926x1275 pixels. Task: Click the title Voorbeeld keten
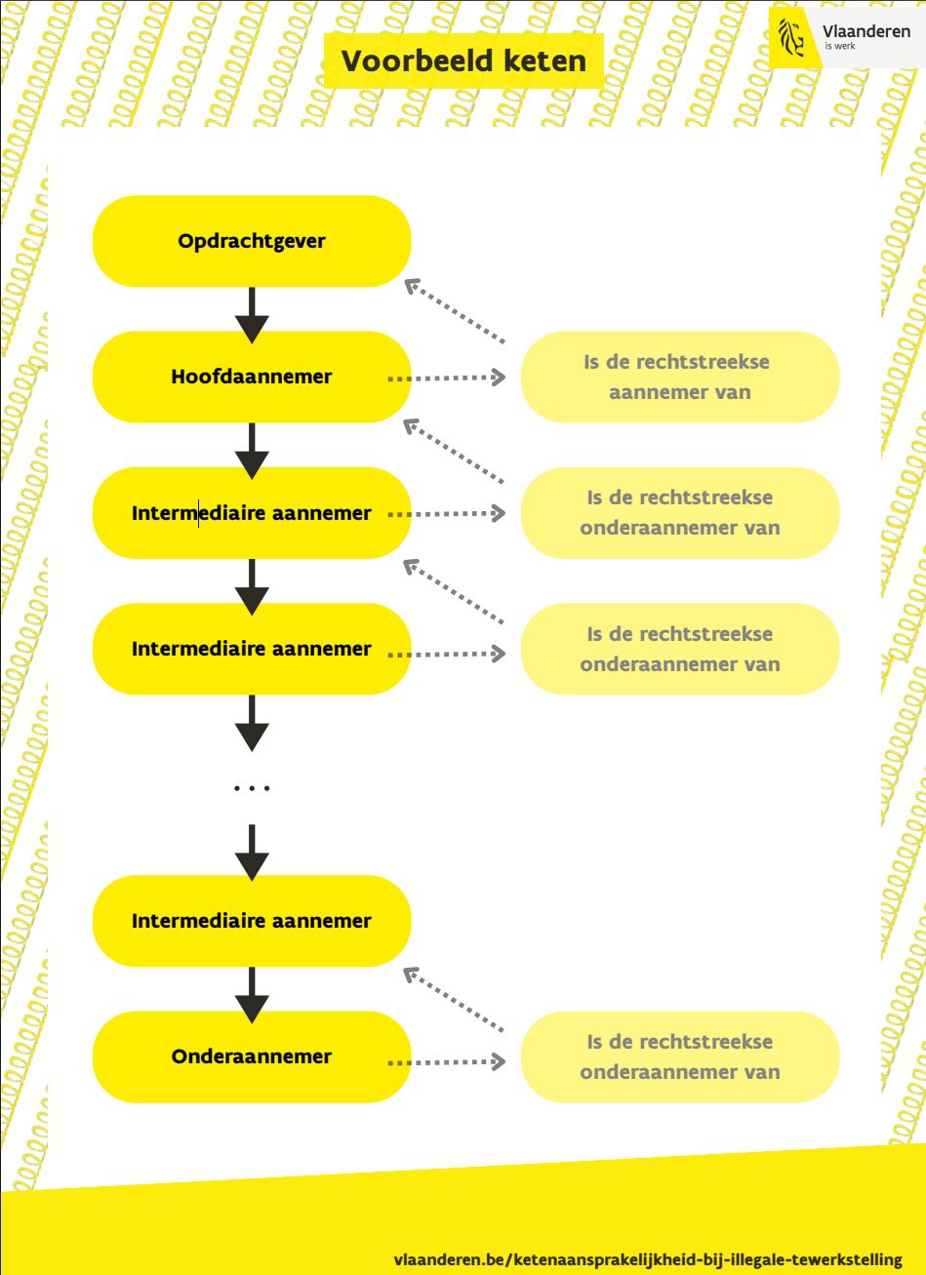pos(463,61)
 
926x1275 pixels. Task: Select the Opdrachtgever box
pos(252,241)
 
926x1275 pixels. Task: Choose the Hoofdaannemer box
pos(252,377)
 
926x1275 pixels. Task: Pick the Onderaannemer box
pos(252,1056)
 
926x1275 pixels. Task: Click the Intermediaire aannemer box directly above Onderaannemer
pos(252,921)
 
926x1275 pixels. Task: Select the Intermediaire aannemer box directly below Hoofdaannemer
pos(252,513)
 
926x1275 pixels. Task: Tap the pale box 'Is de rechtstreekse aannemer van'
pos(679,377)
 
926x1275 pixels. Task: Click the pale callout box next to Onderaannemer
pos(679,1056)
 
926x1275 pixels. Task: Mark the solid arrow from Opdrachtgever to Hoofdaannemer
pos(252,314)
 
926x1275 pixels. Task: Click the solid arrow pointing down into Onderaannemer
pos(252,994)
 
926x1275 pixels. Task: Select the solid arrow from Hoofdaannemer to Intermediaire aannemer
pos(252,450)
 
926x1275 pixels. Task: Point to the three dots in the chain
pos(252,787)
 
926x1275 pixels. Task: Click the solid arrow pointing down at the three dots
pos(252,722)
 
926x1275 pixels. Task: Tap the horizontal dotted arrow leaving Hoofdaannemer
pos(447,378)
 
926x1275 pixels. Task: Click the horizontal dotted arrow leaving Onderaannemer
pos(447,1061)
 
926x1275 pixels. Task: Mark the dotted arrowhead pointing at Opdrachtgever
pos(413,286)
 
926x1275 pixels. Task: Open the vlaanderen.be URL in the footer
pos(648,1259)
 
